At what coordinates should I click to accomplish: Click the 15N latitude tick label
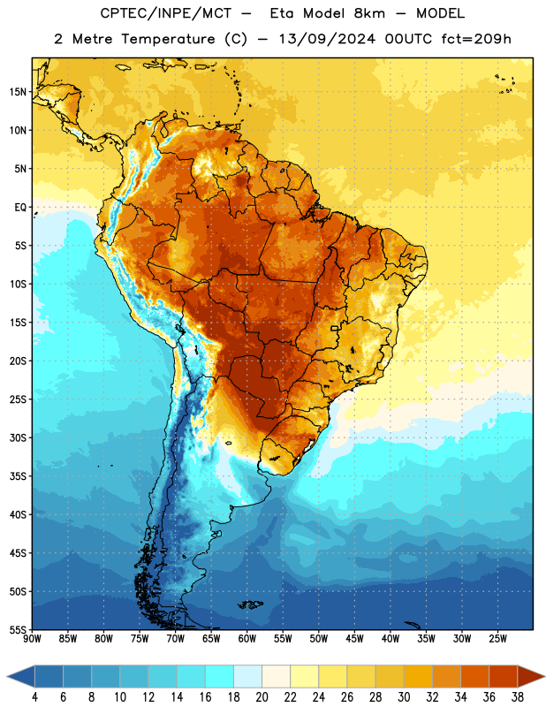point(18,92)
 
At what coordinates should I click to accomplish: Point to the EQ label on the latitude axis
point(20,208)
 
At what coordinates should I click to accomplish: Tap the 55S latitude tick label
point(18,630)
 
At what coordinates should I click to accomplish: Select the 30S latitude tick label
point(18,437)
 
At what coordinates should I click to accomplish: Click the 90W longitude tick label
point(32,638)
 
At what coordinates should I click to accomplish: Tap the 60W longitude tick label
point(247,638)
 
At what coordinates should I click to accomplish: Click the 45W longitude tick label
point(354,638)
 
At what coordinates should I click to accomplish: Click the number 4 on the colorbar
point(34,697)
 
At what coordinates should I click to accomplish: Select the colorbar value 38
point(518,697)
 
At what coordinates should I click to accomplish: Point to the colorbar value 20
point(262,697)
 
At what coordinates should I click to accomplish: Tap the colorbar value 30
point(404,697)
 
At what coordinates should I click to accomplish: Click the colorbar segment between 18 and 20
point(248,677)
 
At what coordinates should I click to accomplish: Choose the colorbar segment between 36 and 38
point(504,677)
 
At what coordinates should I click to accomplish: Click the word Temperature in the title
point(168,39)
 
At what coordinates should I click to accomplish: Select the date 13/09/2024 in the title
point(327,39)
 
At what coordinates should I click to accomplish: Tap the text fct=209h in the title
point(476,39)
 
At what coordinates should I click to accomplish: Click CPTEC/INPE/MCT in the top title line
point(165,13)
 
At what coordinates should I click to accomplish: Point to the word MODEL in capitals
point(440,13)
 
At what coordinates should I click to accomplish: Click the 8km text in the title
point(369,13)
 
